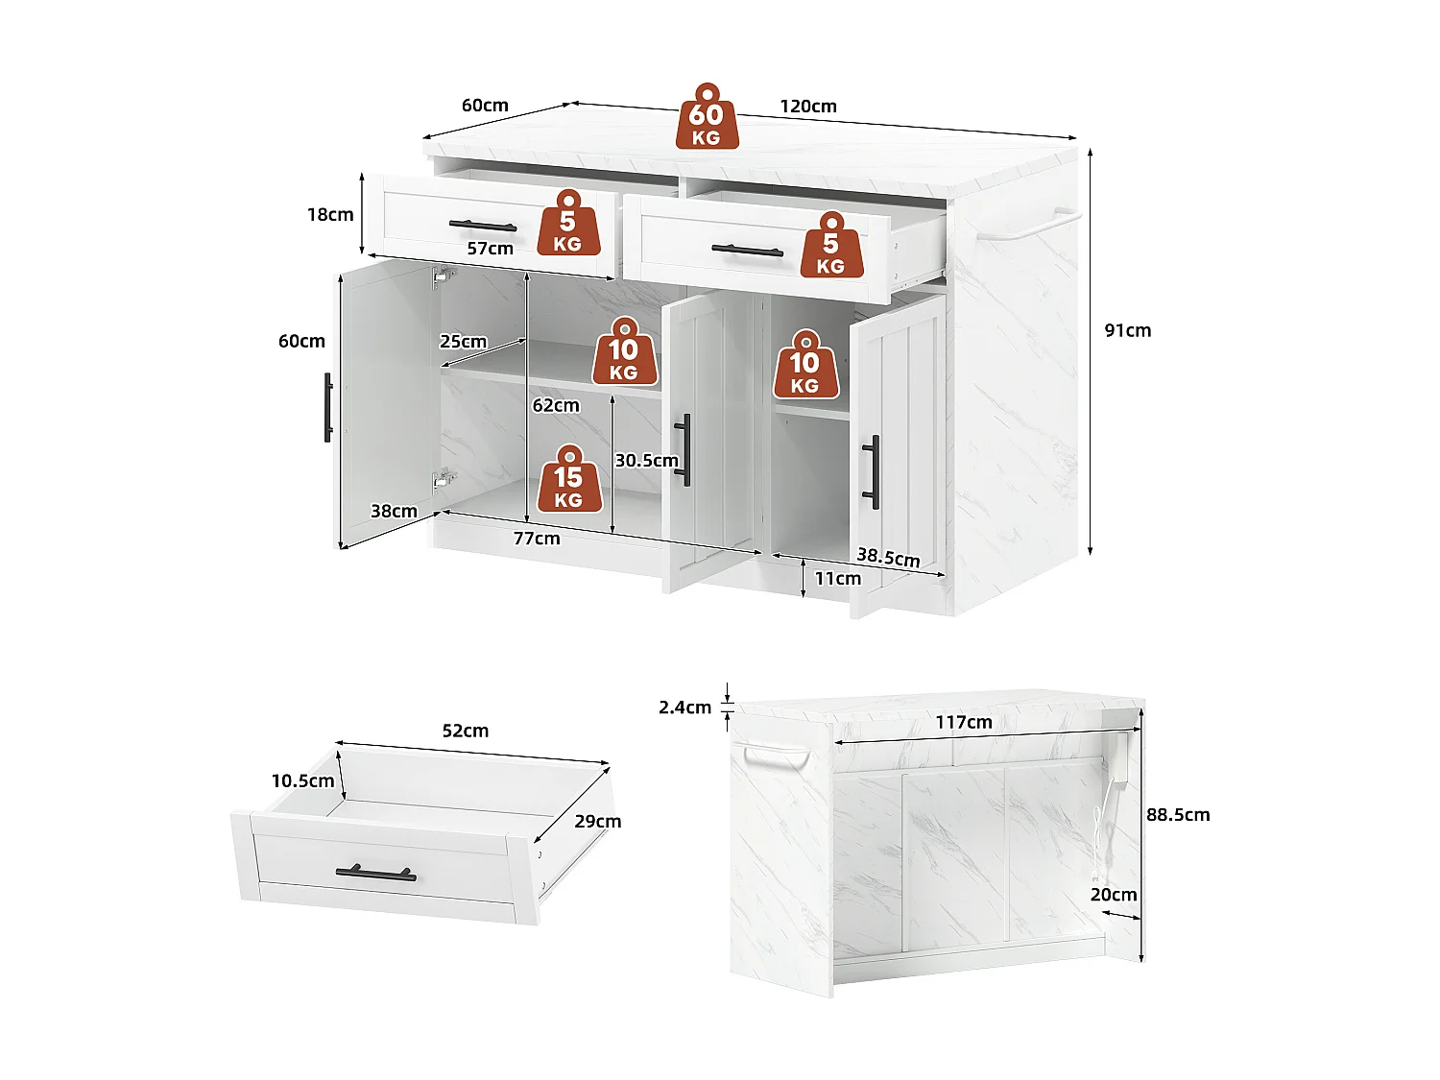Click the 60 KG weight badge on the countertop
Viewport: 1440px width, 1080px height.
coord(707,117)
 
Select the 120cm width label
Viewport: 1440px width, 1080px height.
coord(807,107)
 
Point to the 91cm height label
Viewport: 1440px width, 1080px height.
coord(1127,330)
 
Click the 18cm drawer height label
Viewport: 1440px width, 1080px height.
coord(330,214)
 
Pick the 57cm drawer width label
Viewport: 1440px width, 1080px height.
coord(490,249)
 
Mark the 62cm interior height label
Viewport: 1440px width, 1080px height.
coord(556,405)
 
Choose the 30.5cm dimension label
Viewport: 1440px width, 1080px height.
coord(646,461)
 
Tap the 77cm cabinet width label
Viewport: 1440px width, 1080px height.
coord(536,539)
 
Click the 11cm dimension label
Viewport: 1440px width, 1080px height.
coord(837,579)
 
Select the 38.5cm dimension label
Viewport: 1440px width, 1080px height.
coord(888,557)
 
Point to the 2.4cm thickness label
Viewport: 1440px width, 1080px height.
coord(684,708)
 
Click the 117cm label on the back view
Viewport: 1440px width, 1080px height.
coord(964,722)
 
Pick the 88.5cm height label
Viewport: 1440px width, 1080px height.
coord(1178,815)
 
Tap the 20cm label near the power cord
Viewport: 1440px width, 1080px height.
coord(1113,895)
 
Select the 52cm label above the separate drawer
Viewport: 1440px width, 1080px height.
coord(465,731)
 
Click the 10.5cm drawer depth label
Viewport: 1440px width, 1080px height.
coord(302,780)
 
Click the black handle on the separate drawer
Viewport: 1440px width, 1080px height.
coord(375,874)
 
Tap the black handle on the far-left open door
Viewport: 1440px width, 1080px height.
coord(327,407)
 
